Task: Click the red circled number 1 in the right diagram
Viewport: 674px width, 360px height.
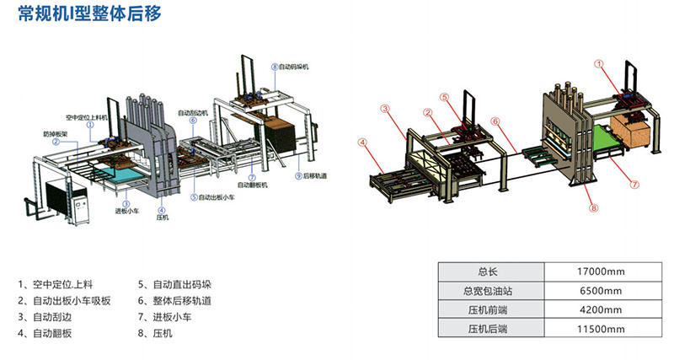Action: (x=599, y=63)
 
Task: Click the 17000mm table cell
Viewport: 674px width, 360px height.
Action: (x=602, y=271)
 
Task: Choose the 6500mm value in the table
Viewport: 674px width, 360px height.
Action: (x=602, y=291)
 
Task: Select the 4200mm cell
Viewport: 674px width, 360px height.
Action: (x=602, y=309)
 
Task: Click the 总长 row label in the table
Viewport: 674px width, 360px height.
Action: (x=489, y=271)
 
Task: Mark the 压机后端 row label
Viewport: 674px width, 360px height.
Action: (x=489, y=329)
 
